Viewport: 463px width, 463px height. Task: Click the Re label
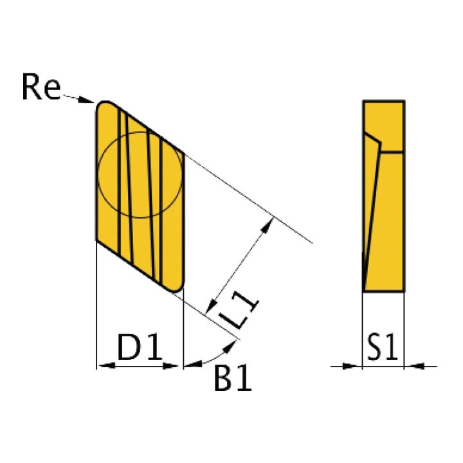pos(41,87)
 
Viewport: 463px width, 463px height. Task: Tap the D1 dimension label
pos(140,347)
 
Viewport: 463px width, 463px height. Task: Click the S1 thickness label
pos(383,347)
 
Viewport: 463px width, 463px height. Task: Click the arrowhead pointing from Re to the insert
pos(86,100)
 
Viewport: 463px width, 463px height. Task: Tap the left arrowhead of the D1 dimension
pos(105,366)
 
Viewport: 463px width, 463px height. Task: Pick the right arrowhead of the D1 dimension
pos(171,366)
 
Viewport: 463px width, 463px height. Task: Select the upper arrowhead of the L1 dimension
pos(268,225)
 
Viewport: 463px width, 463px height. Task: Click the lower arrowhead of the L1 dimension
pos(211,306)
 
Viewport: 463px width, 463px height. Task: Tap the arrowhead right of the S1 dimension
pos(414,366)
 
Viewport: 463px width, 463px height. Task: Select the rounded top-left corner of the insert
pos(102,106)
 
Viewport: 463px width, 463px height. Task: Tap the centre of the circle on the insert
pos(140,175)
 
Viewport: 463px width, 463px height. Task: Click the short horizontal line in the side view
pos(392,152)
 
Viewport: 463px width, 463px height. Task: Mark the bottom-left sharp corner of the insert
pos(96,241)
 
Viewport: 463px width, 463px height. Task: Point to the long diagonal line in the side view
pos(372,217)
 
